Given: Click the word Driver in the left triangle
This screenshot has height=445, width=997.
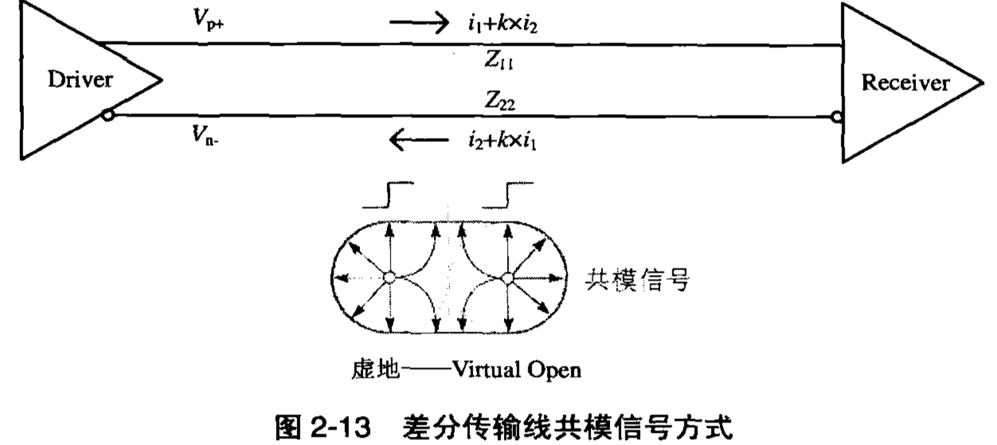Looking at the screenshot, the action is coord(80,80).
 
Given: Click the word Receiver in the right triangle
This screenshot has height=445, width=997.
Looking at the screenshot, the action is coord(905,83).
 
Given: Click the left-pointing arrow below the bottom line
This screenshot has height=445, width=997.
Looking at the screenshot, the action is coord(418,139).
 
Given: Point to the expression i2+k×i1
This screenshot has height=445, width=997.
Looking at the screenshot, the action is coord(502,140).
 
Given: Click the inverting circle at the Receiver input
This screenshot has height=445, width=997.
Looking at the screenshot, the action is coord(836,117).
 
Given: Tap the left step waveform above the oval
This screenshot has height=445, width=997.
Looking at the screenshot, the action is coord(388,195).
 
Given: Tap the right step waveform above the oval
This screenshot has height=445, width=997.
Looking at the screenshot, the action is coord(507,195).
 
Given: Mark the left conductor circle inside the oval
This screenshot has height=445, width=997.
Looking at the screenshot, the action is coord(389,278).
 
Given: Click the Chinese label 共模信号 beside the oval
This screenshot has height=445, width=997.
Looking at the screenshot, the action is coord(637,279).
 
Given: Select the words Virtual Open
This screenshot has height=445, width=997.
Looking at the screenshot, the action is coord(517,370).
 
